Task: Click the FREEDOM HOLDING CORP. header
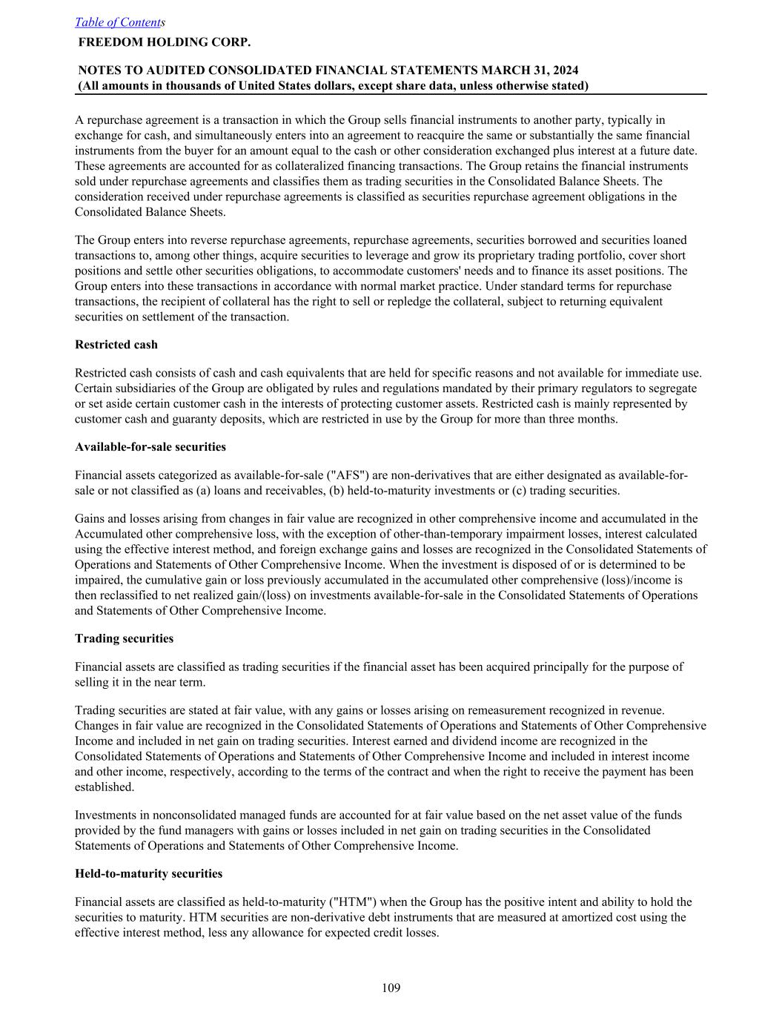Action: (x=164, y=42)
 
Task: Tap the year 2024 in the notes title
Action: (x=566, y=70)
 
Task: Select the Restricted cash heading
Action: (x=116, y=345)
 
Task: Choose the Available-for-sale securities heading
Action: (x=150, y=447)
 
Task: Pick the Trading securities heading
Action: (x=124, y=638)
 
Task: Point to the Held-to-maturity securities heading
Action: (x=148, y=874)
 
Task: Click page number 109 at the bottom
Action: (x=391, y=988)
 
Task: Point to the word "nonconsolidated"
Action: (x=184, y=815)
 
